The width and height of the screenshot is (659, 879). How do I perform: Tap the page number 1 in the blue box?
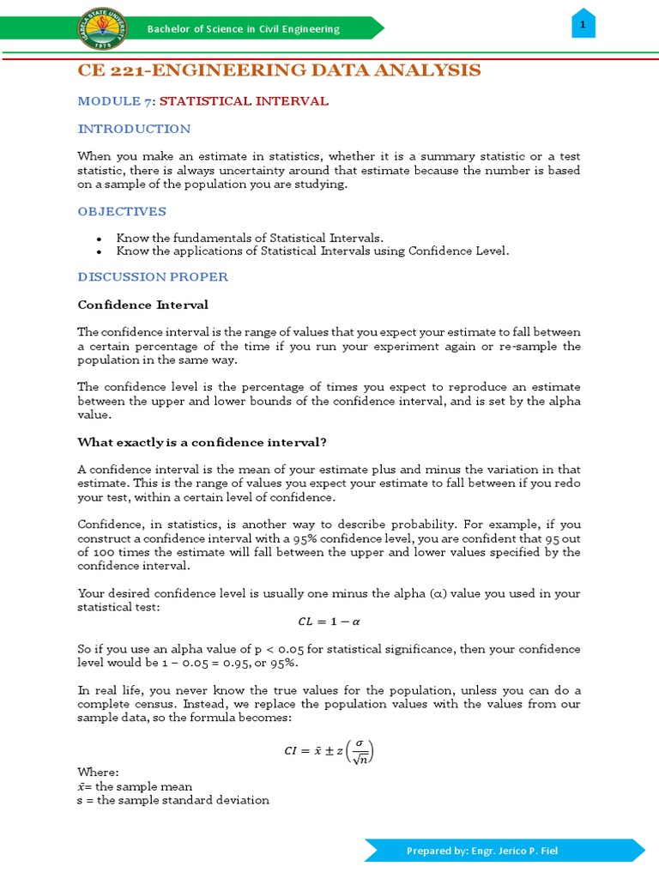pos(583,26)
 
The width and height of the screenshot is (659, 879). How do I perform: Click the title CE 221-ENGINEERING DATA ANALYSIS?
pos(279,70)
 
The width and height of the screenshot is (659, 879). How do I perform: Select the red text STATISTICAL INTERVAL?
pos(244,101)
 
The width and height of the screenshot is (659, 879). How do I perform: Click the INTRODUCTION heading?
pos(134,129)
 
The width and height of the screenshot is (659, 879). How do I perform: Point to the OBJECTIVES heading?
pos(122,211)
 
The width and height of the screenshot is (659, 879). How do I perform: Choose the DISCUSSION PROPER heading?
pos(153,276)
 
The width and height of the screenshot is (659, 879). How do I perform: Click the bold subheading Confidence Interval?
pos(142,305)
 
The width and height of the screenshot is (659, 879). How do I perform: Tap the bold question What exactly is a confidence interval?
pos(202,442)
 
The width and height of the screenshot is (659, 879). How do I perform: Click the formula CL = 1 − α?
pos(329,622)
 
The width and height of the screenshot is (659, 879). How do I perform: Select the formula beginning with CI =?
pos(329,752)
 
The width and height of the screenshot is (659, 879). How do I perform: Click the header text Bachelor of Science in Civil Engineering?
pos(244,29)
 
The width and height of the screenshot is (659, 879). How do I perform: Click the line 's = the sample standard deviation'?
pos(173,800)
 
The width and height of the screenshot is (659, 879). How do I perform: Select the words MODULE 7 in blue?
pos(115,101)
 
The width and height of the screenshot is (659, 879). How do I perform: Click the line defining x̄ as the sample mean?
pos(135,786)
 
